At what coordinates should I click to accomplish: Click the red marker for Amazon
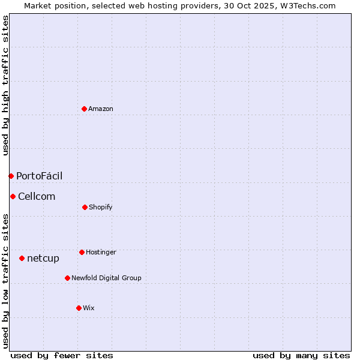pyautogui.click(x=85, y=109)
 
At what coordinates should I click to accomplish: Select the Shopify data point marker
pyautogui.click(x=85, y=207)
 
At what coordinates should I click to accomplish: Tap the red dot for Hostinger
pyautogui.click(x=82, y=252)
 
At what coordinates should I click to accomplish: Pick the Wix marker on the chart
pyautogui.click(x=79, y=308)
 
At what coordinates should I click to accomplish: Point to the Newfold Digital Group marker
pyautogui.click(x=67, y=278)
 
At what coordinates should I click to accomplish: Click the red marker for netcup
pyautogui.click(x=22, y=258)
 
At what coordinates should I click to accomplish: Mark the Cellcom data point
pyautogui.click(x=13, y=196)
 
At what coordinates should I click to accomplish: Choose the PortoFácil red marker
pyautogui.click(x=11, y=176)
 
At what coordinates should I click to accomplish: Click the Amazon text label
pyautogui.click(x=101, y=109)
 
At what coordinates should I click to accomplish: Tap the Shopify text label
pyautogui.click(x=101, y=207)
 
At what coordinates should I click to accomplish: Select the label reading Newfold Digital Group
pyautogui.click(x=106, y=278)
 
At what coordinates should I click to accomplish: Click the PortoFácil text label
pyautogui.click(x=39, y=176)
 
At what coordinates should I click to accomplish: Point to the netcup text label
pyautogui.click(x=43, y=258)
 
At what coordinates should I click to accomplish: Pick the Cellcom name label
pyautogui.click(x=37, y=196)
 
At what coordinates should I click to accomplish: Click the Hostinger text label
pyautogui.click(x=101, y=252)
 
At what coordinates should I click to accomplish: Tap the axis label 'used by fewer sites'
pyautogui.click(x=62, y=355)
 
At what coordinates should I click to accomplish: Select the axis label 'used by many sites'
pyautogui.click(x=301, y=355)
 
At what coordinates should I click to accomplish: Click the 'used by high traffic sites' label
pyautogui.click(x=5, y=85)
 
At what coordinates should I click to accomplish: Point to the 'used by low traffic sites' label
pyautogui.click(x=5, y=281)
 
